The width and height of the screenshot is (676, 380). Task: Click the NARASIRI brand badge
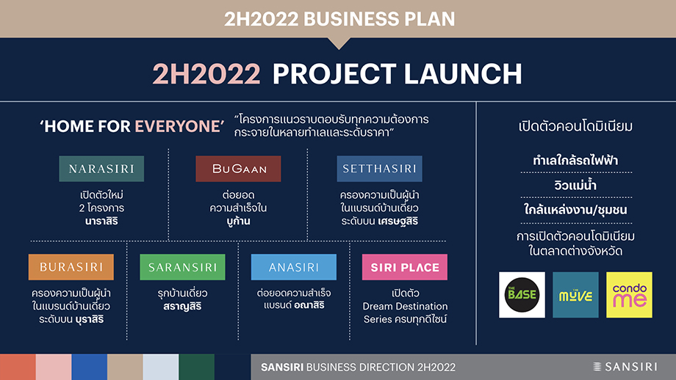click(101, 169)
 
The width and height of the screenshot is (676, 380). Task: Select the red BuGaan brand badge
click(238, 169)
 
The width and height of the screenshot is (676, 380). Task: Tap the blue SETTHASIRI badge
click(379, 169)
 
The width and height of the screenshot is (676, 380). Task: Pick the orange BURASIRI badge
click(71, 267)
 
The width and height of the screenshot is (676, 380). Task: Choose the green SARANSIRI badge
click(182, 267)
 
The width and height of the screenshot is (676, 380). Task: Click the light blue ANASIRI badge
click(294, 267)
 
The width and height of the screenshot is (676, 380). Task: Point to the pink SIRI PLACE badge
click(405, 267)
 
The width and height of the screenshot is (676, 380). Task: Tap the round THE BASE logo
click(522, 295)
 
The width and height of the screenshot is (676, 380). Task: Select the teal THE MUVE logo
click(575, 295)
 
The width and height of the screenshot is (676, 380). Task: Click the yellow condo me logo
click(629, 295)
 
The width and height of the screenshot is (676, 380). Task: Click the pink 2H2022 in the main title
click(206, 74)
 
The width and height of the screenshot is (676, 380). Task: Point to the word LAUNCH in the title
click(463, 74)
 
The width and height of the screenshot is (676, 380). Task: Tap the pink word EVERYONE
click(178, 126)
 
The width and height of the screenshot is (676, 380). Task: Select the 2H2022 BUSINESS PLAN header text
click(339, 19)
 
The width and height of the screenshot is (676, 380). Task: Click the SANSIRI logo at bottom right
click(625, 367)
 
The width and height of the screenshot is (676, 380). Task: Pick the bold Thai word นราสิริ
click(101, 222)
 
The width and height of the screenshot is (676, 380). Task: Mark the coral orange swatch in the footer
click(18, 367)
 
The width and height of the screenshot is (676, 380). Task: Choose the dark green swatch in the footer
click(197, 367)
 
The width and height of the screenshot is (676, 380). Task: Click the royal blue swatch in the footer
click(89, 367)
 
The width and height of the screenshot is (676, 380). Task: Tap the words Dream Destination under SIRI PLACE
click(405, 307)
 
